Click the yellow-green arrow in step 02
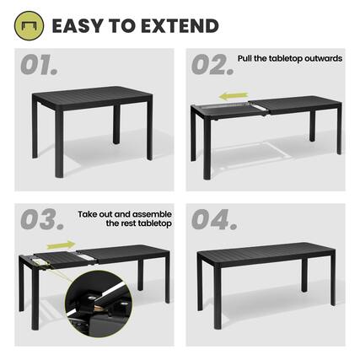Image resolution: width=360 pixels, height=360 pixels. pos(234,96)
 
